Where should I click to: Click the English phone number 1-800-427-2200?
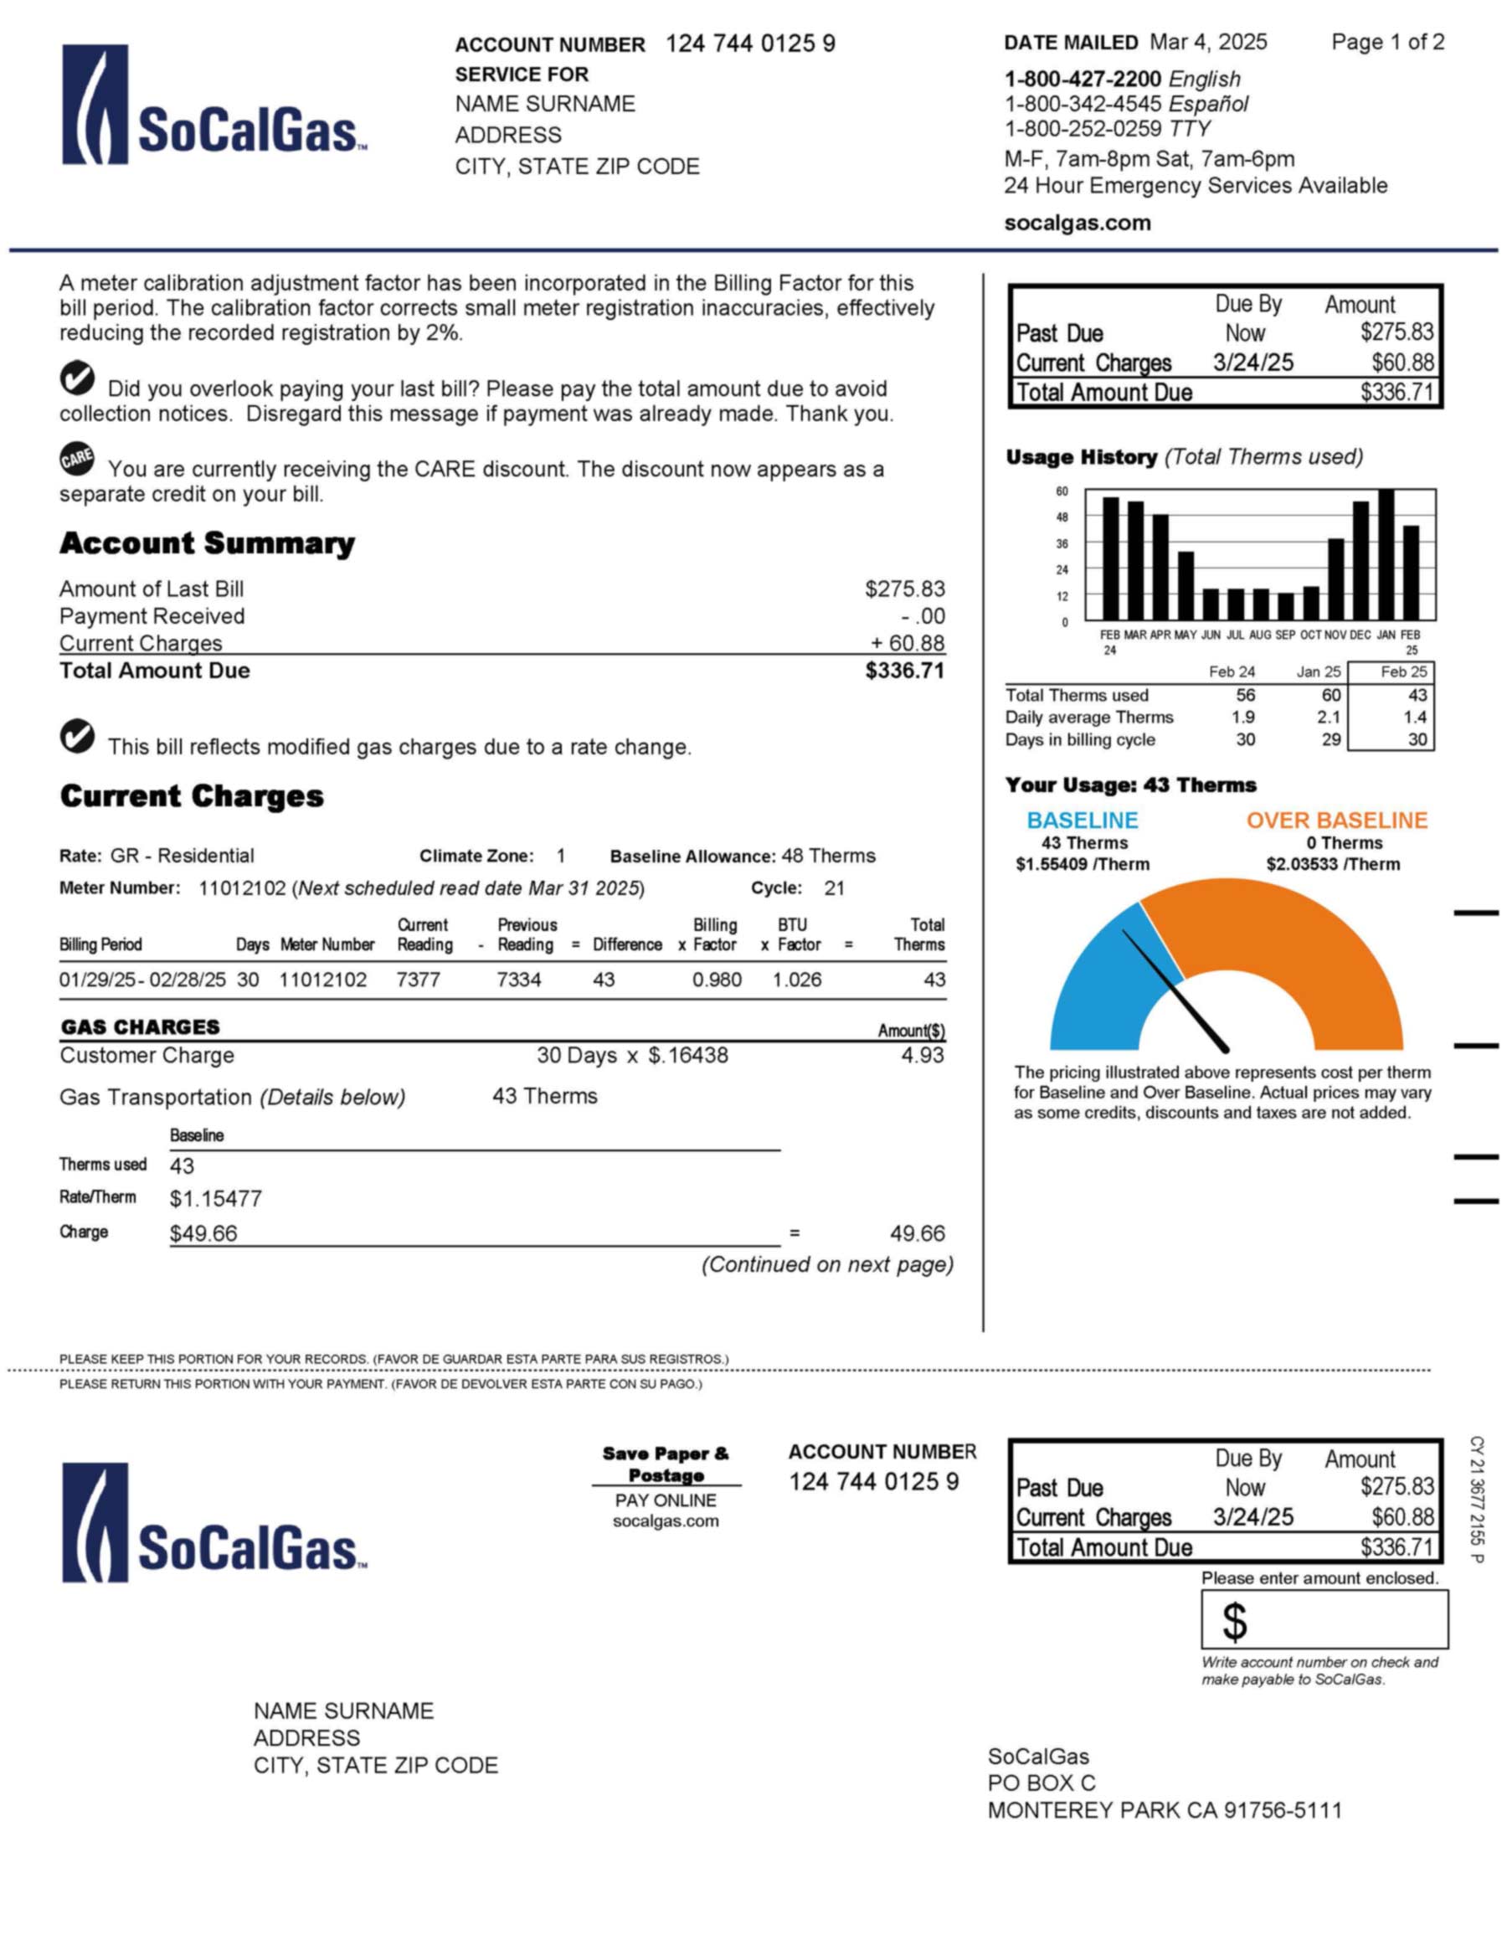(1082, 80)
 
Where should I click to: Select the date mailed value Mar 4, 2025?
(1208, 42)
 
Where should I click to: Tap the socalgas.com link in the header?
(1077, 224)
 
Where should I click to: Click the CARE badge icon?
(77, 459)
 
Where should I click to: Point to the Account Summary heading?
(206, 543)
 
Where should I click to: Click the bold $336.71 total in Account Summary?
(903, 671)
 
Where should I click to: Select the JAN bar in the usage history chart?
(1386, 554)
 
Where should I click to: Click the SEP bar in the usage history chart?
(1286, 606)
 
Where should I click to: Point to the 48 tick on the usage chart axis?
(1062, 517)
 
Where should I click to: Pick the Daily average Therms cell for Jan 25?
(1328, 717)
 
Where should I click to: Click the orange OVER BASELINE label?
(1336, 820)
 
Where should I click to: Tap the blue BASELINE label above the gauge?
(1082, 820)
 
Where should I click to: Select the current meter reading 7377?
(418, 980)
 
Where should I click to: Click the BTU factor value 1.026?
(796, 980)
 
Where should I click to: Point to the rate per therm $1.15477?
(215, 1198)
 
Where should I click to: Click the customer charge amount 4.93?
(923, 1055)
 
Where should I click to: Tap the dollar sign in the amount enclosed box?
(1234, 1622)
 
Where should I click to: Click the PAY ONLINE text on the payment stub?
(665, 1500)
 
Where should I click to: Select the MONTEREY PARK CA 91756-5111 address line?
(1165, 1810)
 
